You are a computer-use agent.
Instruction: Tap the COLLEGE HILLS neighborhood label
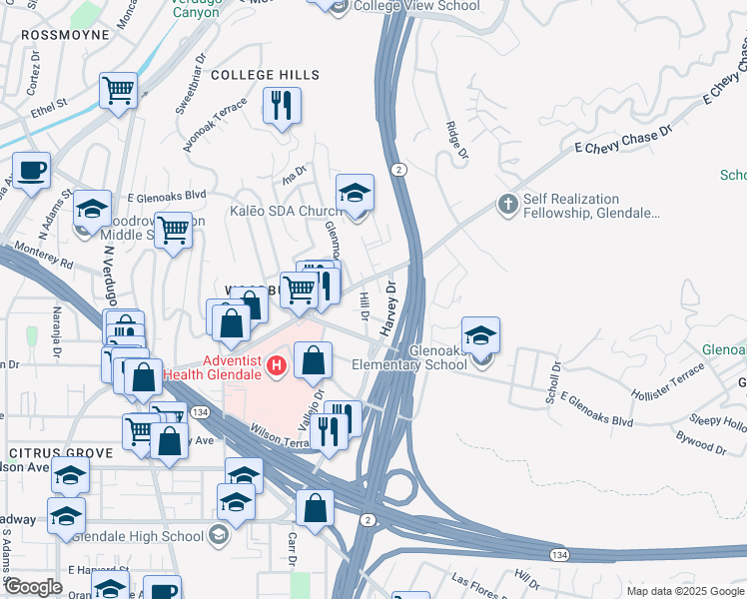pos(265,75)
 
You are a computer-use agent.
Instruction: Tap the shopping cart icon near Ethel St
pos(118,91)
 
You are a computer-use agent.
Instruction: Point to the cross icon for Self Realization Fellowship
pos(507,205)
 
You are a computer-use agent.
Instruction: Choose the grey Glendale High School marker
pos(218,536)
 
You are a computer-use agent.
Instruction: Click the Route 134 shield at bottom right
pos(559,553)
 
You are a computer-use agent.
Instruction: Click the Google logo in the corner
pos(33,586)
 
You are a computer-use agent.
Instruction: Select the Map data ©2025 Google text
pos(684,591)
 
